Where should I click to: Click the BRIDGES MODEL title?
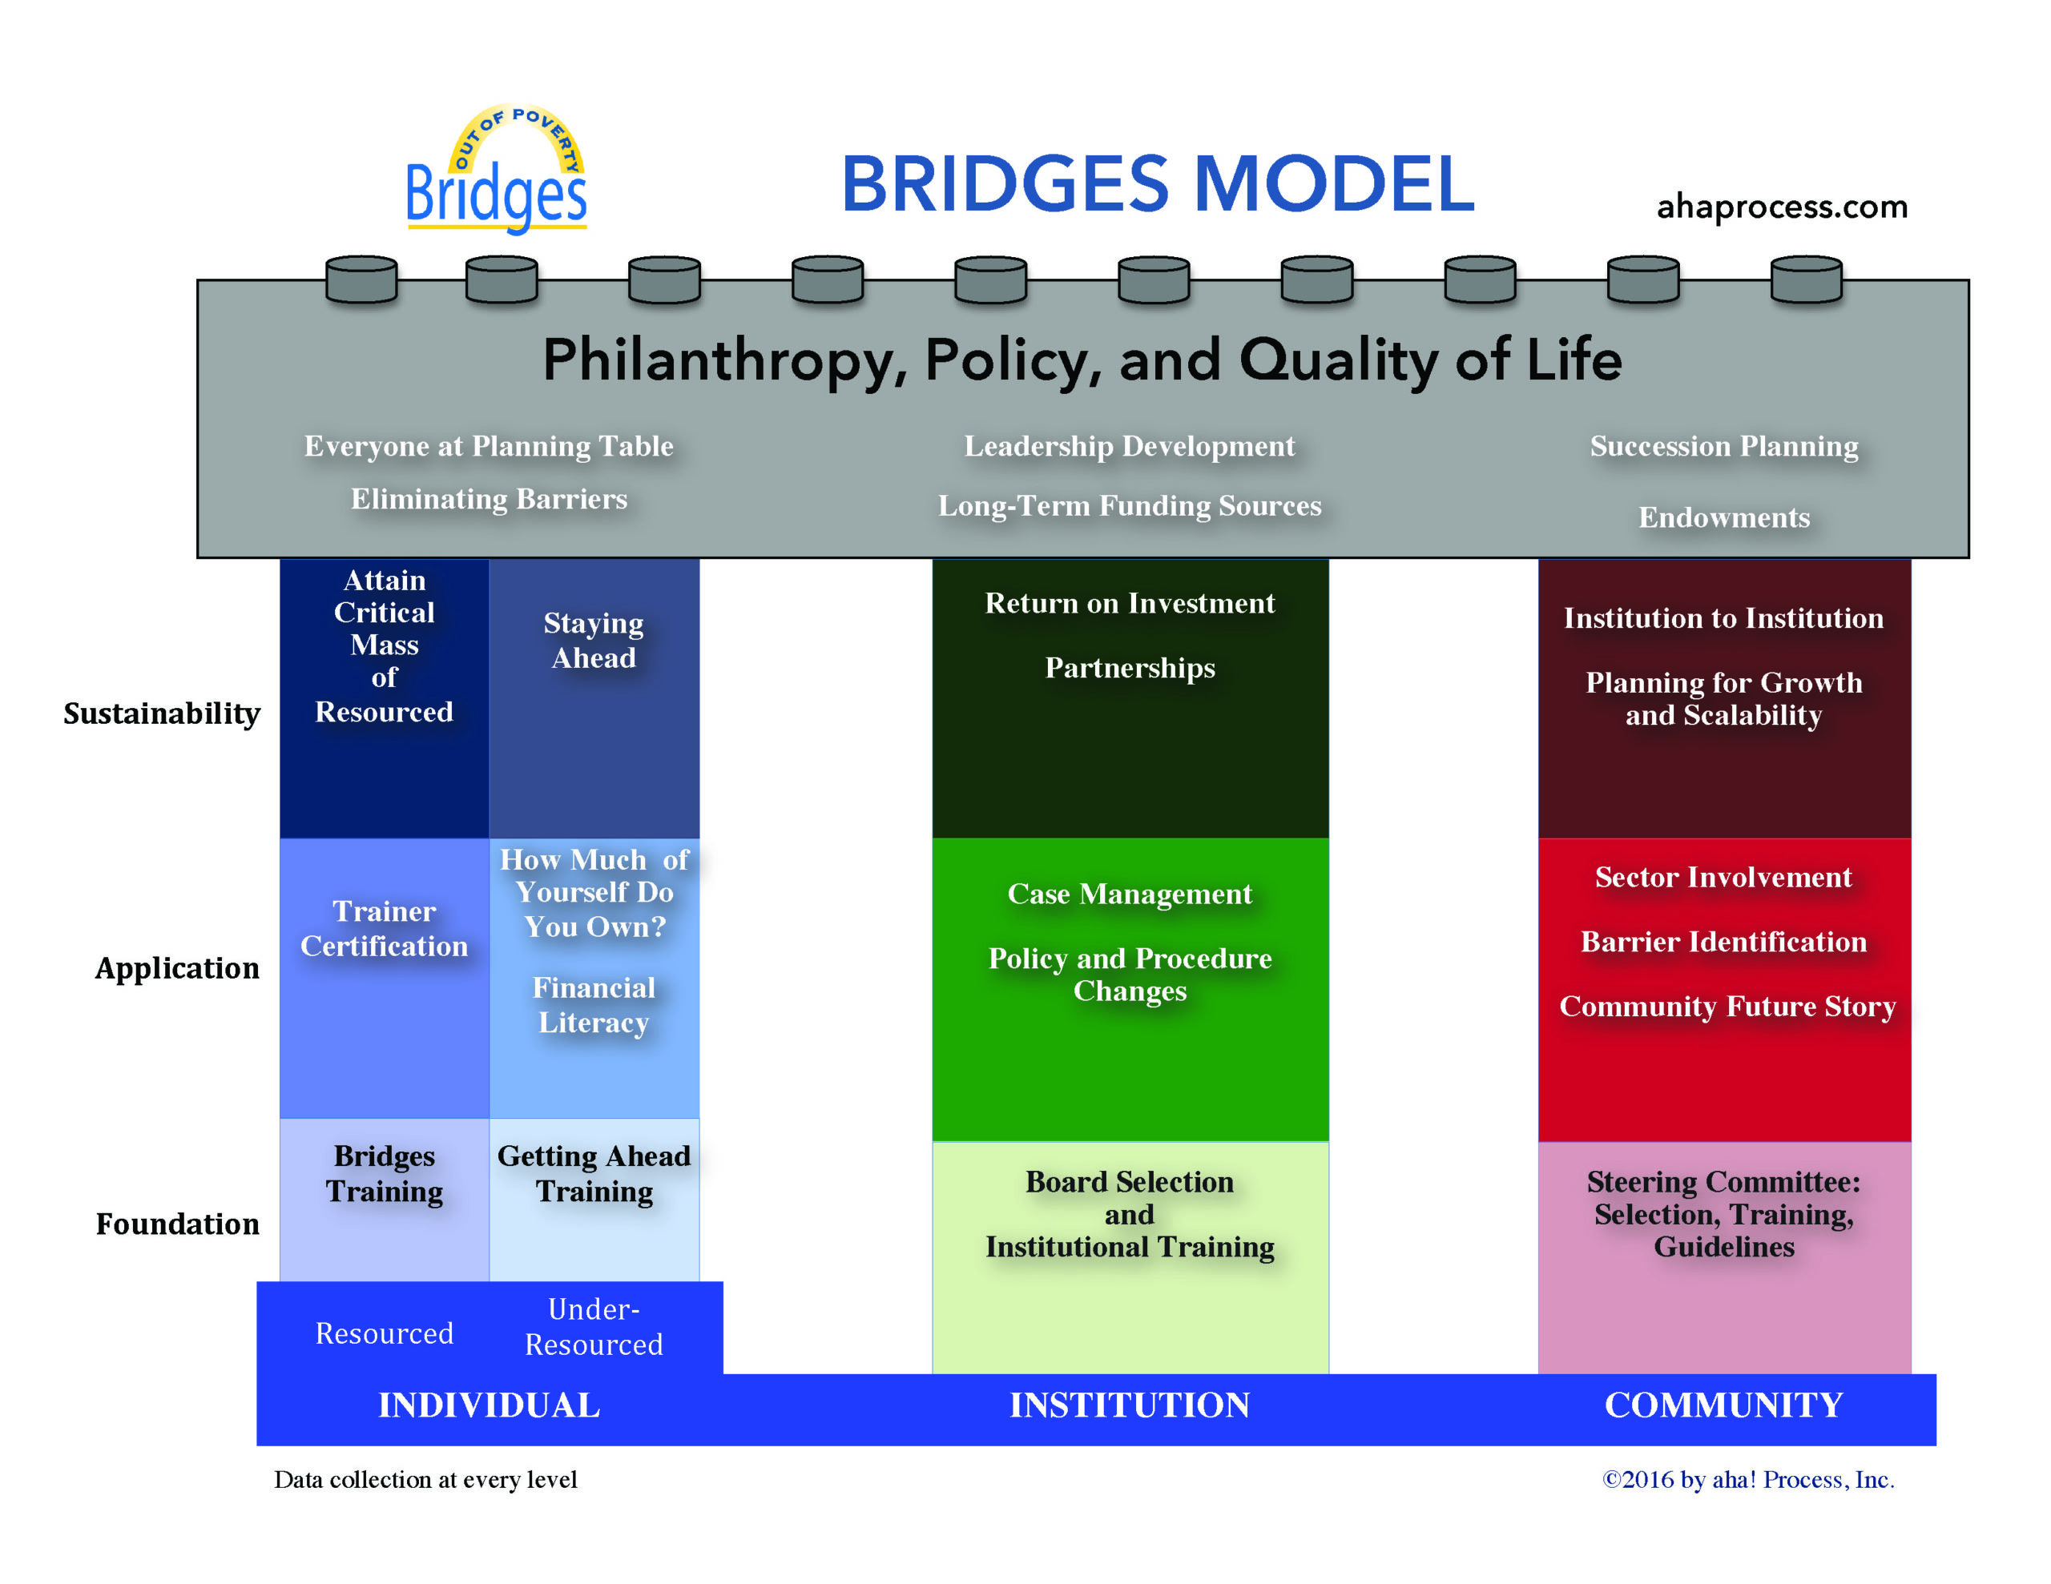[x=1157, y=184]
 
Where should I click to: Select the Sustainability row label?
[x=162, y=714]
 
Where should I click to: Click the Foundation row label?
[x=178, y=1224]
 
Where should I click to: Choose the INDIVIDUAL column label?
[x=489, y=1405]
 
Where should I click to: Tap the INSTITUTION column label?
[x=1130, y=1405]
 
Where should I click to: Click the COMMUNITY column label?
[x=1723, y=1405]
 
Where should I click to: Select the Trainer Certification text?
[x=384, y=929]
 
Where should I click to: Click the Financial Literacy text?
[x=594, y=1005]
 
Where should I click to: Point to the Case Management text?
[x=1130, y=894]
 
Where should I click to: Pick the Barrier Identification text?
[x=1723, y=942]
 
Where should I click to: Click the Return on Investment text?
[x=1130, y=603]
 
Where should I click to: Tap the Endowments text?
[x=1723, y=517]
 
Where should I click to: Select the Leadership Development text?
[x=1129, y=446]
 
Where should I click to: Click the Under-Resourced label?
[x=594, y=1327]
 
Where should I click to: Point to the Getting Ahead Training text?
[x=594, y=1174]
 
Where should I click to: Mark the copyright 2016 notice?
[x=1747, y=1480]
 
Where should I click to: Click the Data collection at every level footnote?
[x=425, y=1480]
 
